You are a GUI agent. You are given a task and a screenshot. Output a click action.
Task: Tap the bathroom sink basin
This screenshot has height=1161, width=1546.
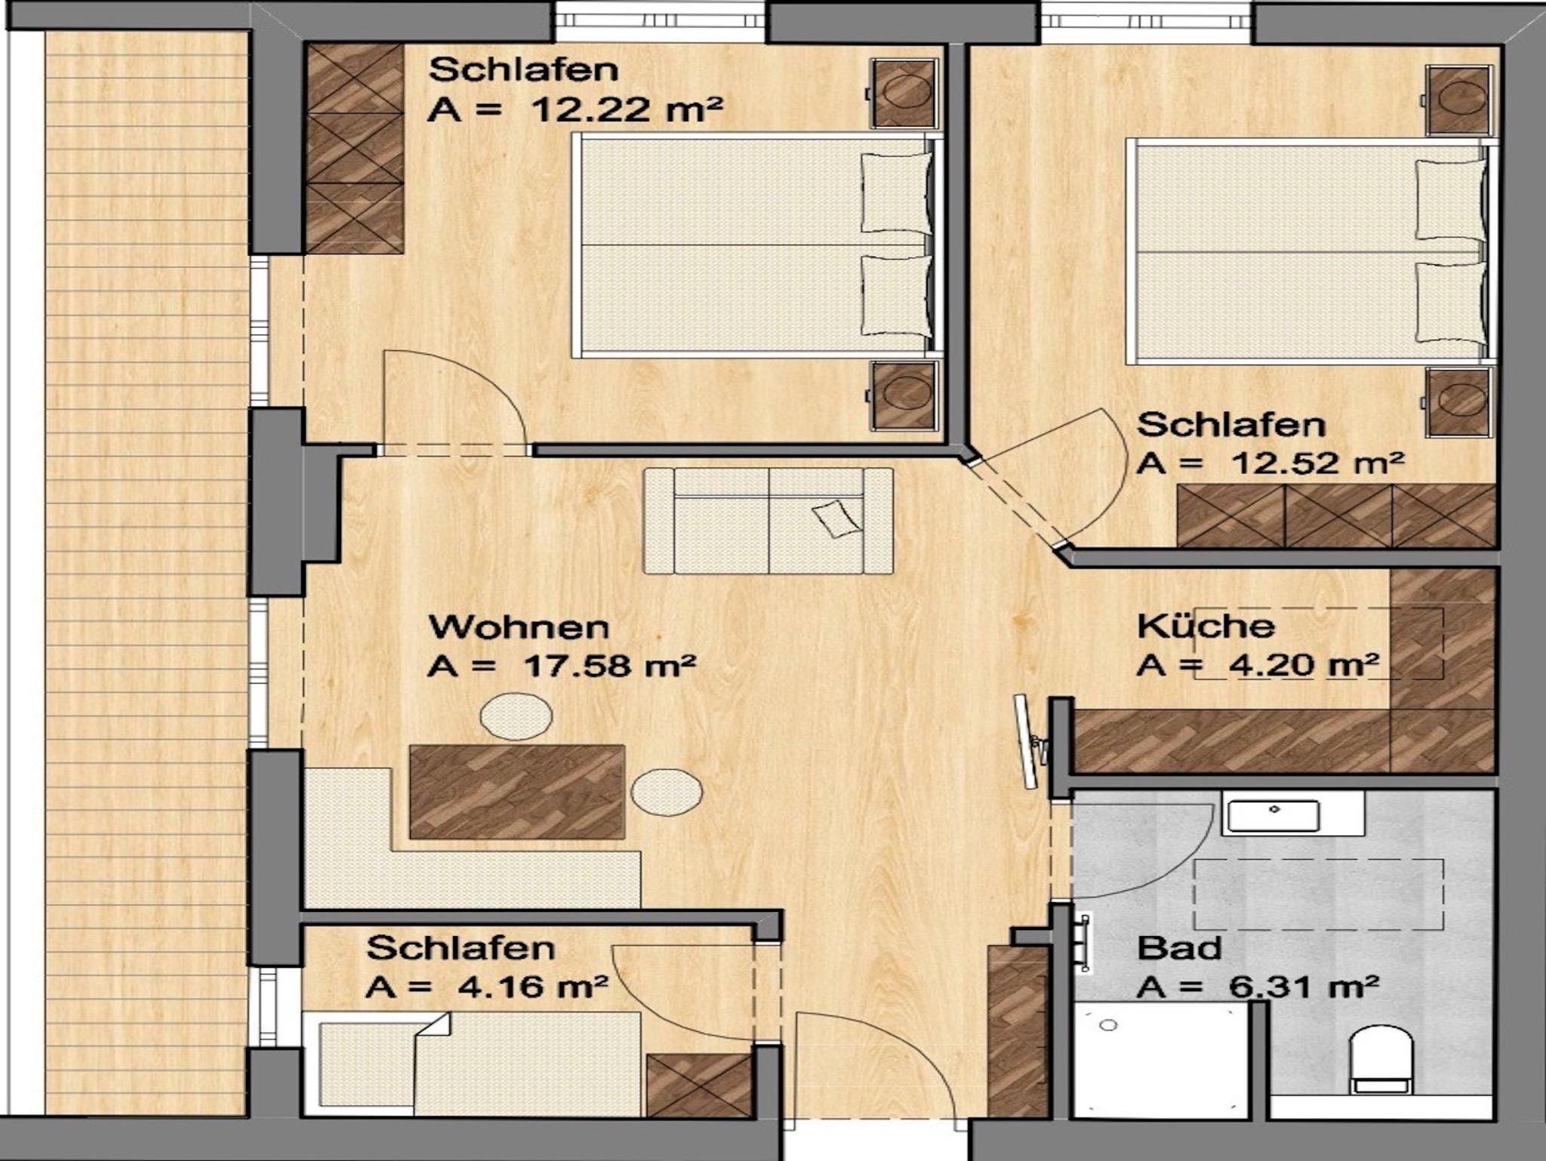click(x=1273, y=816)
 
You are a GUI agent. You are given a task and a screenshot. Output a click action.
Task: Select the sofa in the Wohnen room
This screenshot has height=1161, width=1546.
click(x=768, y=520)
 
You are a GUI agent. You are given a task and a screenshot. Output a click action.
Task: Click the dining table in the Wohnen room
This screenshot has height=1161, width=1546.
click(x=517, y=792)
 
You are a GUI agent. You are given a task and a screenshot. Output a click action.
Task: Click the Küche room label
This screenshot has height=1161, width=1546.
click(x=1206, y=627)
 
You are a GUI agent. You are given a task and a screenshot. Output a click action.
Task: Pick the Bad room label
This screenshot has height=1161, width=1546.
click(x=1179, y=948)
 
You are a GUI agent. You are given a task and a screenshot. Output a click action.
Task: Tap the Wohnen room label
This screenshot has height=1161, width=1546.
click(x=519, y=627)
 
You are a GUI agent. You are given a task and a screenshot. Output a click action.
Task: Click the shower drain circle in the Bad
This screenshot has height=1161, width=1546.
click(x=1108, y=1025)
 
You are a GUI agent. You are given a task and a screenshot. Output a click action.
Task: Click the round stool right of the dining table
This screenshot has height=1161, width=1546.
click(x=667, y=792)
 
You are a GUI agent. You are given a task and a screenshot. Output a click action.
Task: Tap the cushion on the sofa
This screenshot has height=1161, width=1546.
click(x=836, y=519)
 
